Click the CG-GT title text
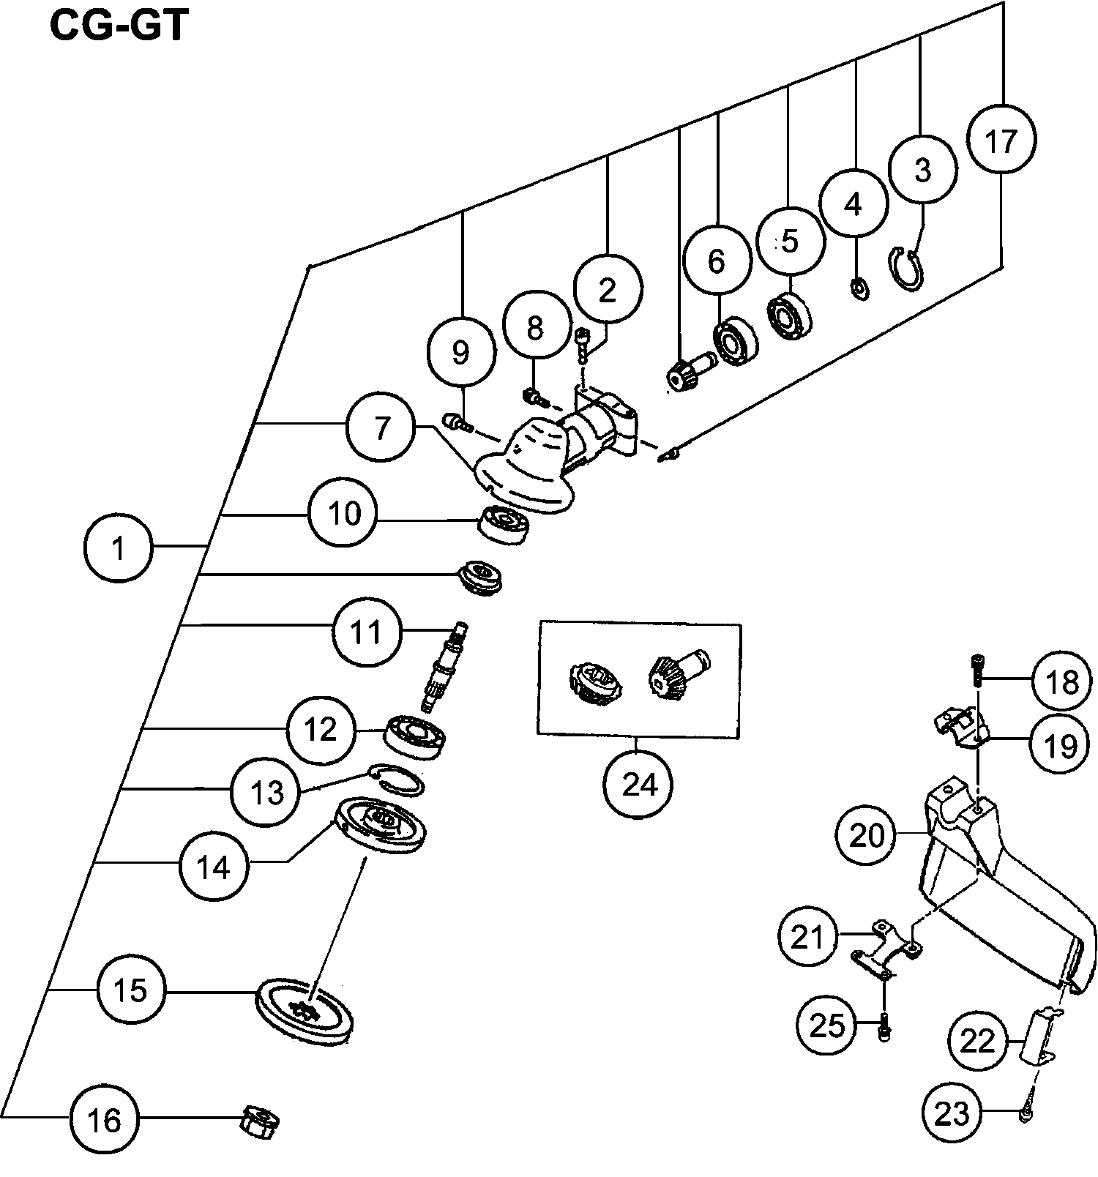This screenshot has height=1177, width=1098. (118, 28)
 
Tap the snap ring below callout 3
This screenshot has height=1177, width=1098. (910, 271)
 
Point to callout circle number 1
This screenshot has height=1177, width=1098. (119, 547)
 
